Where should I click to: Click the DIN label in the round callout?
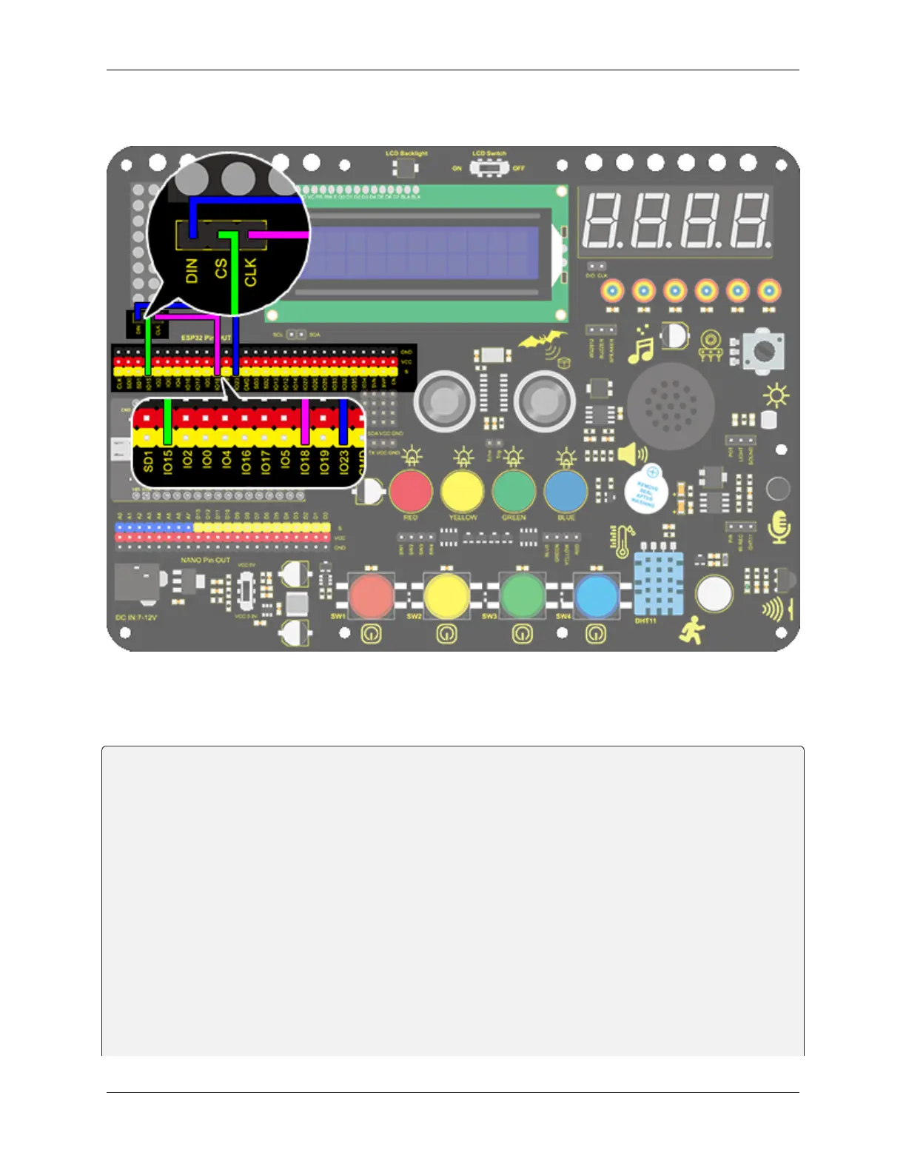(x=192, y=270)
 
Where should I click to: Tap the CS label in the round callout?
(x=221, y=269)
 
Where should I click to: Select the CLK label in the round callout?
(x=250, y=272)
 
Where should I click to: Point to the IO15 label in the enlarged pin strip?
(x=168, y=461)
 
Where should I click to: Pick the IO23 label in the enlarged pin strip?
(x=343, y=462)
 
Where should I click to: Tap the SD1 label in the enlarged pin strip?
(x=148, y=461)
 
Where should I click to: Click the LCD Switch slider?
(x=489, y=168)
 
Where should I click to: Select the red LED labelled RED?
(x=411, y=489)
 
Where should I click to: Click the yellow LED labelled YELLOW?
(x=463, y=489)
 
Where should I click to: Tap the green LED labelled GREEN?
(x=514, y=489)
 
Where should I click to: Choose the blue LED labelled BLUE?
(x=566, y=489)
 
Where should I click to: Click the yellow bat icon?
(x=543, y=341)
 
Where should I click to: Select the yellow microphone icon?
(x=779, y=527)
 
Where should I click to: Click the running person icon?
(x=693, y=629)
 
